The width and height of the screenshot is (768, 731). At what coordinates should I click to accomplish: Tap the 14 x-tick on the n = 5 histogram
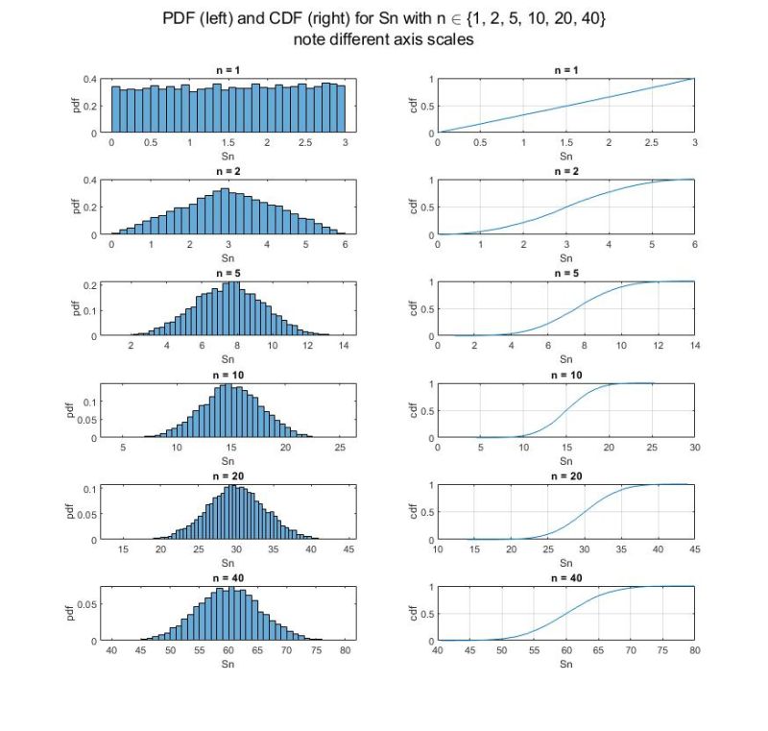pyautogui.click(x=344, y=346)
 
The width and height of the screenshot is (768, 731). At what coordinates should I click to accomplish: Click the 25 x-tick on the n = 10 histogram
pyautogui.click(x=340, y=448)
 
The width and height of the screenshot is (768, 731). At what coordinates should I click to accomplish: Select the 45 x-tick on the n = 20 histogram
pyautogui.click(x=348, y=548)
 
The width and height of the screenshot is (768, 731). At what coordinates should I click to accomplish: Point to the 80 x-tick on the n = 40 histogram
pyautogui.click(x=347, y=650)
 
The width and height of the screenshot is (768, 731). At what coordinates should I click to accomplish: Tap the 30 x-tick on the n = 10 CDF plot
pyautogui.click(x=694, y=448)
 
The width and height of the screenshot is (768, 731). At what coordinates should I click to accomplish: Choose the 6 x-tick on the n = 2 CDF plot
pyautogui.click(x=694, y=244)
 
